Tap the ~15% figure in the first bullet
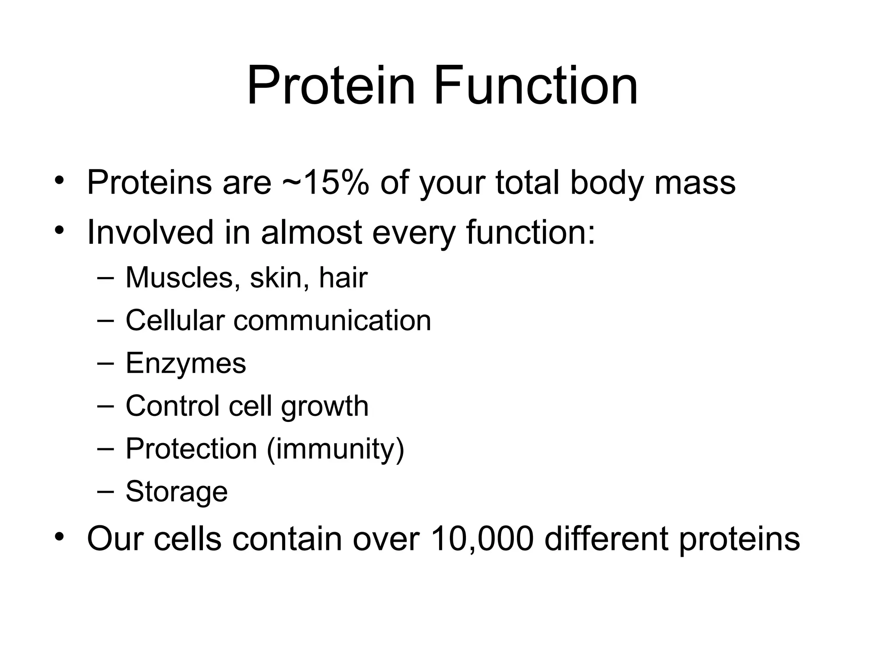pyautogui.click(x=325, y=182)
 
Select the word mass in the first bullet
pyautogui.click(x=695, y=182)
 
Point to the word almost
pyautogui.click(x=311, y=232)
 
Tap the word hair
pyautogui.click(x=343, y=277)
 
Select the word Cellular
pyautogui.click(x=175, y=320)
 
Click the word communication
pyautogui.click(x=332, y=320)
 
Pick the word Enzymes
pyautogui.click(x=186, y=363)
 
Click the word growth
pyautogui.click(x=324, y=406)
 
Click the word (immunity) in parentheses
pyautogui.click(x=335, y=449)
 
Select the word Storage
pyautogui.click(x=177, y=492)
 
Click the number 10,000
pyautogui.click(x=482, y=539)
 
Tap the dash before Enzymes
pyautogui.click(x=106, y=364)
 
